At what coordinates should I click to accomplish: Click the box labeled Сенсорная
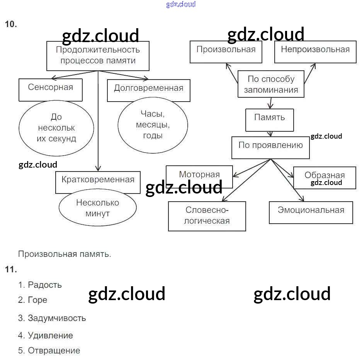pos(51,90)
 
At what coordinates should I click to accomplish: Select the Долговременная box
pos(148,90)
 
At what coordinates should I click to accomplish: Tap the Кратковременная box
pos(98,182)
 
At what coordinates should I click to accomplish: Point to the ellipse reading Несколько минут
pos(98,208)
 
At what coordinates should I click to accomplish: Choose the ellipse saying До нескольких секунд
pos(56,128)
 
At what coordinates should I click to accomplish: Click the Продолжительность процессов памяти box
pos(98,56)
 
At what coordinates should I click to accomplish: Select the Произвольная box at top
pos(226,51)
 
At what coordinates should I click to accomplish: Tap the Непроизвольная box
pos(315,51)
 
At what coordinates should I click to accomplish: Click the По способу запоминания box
pos(271,84)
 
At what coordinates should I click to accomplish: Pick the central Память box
pos(270,120)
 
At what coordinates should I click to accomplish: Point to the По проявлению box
pos(270,147)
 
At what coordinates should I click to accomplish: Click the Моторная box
pos(199,177)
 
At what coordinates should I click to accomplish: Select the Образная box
pos(325,178)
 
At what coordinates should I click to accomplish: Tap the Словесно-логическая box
pos(207,216)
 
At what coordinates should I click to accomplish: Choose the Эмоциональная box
pos(311,212)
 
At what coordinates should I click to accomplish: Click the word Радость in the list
pos(45,285)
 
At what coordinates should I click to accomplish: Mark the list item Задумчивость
pos(57,318)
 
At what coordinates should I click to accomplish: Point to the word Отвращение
pos(54,351)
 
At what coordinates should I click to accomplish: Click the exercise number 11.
pos(11,270)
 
